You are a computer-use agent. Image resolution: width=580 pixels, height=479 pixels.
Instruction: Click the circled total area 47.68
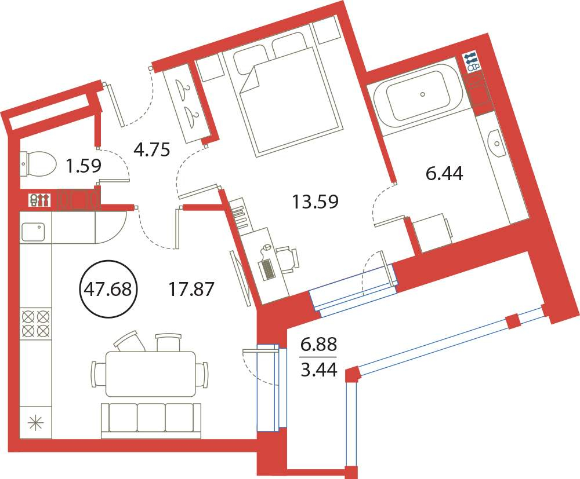click(x=108, y=289)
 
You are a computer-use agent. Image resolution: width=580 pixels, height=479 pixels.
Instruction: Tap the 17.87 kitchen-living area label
click(x=191, y=289)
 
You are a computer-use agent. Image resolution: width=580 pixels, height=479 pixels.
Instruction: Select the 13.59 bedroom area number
click(x=315, y=202)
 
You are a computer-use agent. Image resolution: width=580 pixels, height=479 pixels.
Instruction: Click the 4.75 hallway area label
click(x=151, y=150)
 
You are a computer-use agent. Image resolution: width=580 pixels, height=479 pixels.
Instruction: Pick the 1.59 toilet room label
click(x=83, y=166)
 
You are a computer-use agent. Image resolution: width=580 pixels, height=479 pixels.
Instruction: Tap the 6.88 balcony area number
click(x=319, y=345)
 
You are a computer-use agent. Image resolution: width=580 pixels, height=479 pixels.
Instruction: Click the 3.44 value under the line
click(x=319, y=370)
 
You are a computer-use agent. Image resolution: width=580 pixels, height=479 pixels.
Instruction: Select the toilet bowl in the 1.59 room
click(x=37, y=163)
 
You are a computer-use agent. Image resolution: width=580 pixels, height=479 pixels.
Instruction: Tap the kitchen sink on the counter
click(x=33, y=232)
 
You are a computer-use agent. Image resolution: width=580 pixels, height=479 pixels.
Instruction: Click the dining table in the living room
click(x=150, y=374)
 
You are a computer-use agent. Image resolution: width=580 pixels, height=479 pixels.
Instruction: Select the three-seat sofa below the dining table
click(x=151, y=421)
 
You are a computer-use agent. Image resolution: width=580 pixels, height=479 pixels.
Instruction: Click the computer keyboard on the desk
click(x=268, y=269)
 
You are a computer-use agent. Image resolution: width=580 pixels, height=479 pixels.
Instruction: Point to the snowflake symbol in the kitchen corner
click(x=36, y=423)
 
